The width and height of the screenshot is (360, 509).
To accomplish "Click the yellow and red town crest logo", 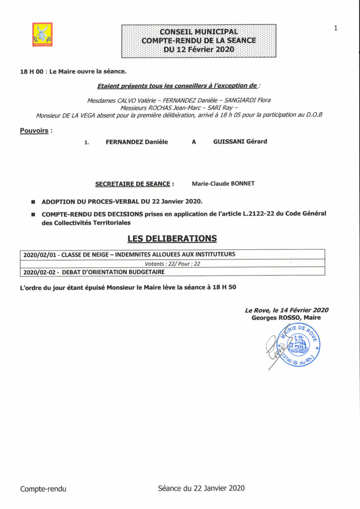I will pos(42,34).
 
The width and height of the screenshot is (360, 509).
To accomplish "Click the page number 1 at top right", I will pos(336,28).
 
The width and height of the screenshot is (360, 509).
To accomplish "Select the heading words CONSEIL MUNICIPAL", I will pos(198,32).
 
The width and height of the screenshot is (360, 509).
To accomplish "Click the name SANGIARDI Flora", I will pos(246,100).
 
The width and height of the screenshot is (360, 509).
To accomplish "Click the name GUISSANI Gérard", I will pos(240,142).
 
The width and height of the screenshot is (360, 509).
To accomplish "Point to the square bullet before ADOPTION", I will pos(33,202).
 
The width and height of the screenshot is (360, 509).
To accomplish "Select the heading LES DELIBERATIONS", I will pos(172,239).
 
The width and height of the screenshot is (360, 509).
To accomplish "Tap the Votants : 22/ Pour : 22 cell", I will pos(172,263).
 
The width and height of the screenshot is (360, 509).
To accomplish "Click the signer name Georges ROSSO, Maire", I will pos(286,318).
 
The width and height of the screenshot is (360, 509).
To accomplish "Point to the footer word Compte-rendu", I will pos(43,489).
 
